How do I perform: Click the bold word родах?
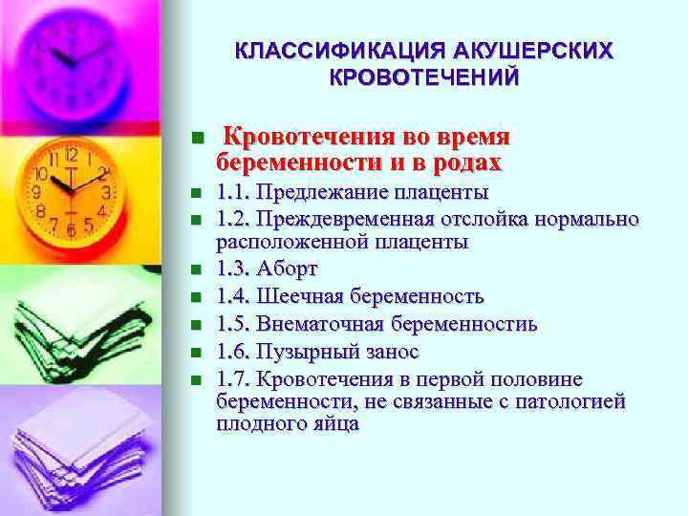coord(467,161)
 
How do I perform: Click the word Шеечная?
coord(300,296)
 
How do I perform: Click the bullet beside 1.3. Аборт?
coord(197,269)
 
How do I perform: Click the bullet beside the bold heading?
coord(197,139)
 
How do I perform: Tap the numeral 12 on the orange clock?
coord(72,155)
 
